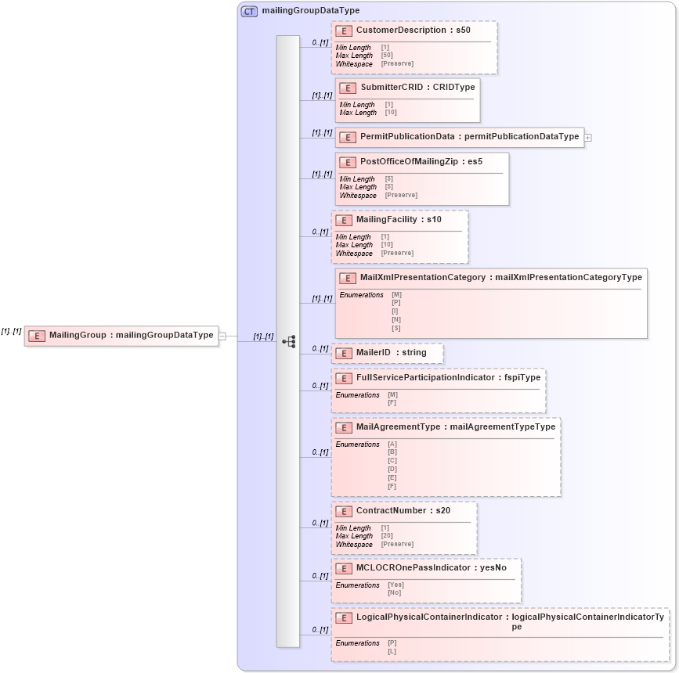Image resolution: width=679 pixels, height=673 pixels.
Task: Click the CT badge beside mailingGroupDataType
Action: point(249,11)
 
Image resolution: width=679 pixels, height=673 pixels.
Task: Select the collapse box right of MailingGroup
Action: point(222,336)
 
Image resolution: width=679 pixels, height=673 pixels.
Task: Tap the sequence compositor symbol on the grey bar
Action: point(288,341)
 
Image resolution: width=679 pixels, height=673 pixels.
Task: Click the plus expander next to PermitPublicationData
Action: point(588,137)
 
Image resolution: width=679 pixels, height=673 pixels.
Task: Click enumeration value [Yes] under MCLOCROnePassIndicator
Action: point(395,585)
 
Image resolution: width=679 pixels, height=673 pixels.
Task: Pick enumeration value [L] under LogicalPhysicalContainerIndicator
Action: point(392,651)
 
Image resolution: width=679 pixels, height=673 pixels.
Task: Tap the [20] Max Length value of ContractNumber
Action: point(387,536)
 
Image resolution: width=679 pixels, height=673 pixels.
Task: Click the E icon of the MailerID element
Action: point(342,354)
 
